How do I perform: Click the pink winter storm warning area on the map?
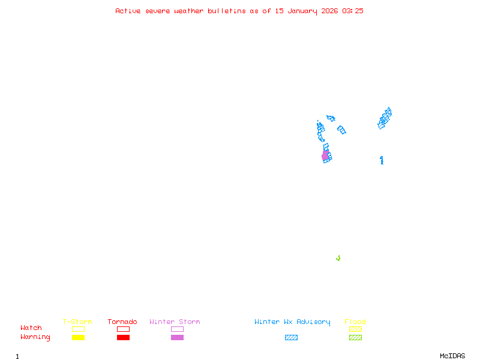click(325, 155)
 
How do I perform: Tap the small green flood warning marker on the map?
click(338, 258)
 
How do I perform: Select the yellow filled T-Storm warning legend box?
click(78, 338)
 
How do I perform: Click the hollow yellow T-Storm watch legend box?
click(78, 329)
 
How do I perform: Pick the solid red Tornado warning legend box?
click(123, 338)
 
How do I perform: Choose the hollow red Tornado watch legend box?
click(123, 329)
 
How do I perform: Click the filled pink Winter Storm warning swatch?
click(177, 338)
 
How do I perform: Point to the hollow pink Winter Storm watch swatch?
click(177, 329)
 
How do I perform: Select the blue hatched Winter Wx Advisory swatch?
click(291, 338)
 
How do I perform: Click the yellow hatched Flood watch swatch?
click(355, 329)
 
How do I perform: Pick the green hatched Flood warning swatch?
click(355, 338)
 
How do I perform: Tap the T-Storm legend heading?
click(77, 322)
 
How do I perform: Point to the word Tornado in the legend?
click(122, 322)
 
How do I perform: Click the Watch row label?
click(31, 328)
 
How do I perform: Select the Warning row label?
click(35, 337)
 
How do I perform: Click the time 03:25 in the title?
click(352, 11)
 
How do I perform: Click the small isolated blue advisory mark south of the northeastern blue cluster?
click(382, 160)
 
